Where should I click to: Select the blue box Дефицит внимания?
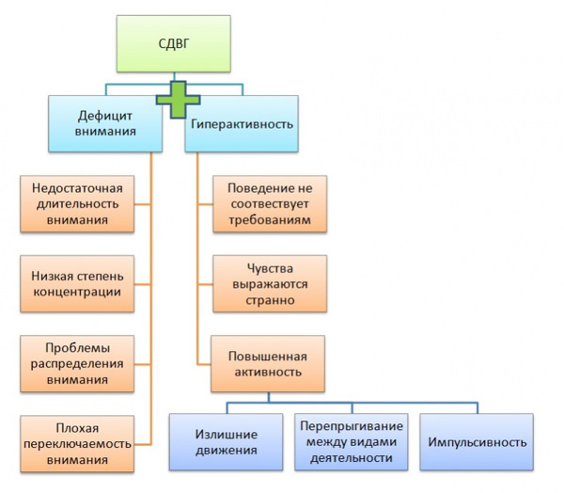pyautogui.click(x=102, y=123)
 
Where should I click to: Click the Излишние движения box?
pyautogui.click(x=227, y=442)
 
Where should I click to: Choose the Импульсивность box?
pyautogui.click(x=478, y=442)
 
